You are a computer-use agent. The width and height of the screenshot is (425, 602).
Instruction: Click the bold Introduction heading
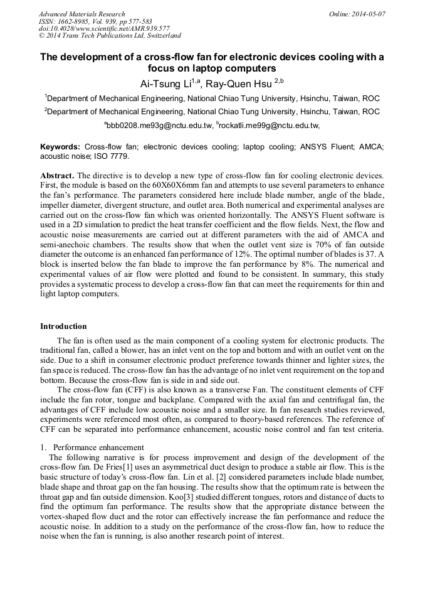pyautogui.click(x=63, y=326)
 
